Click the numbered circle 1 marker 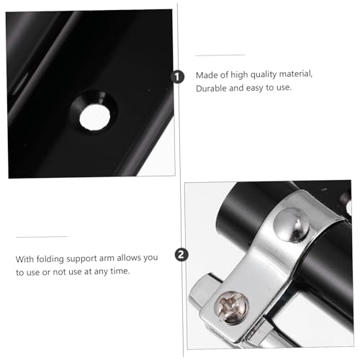click(x=177, y=77)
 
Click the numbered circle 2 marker click(x=181, y=255)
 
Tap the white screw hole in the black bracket click(x=94, y=117)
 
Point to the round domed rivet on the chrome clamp click(x=292, y=225)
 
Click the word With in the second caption click(x=24, y=259)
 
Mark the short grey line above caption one click(x=220, y=55)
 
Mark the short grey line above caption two click(x=41, y=237)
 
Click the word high click(x=239, y=75)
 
